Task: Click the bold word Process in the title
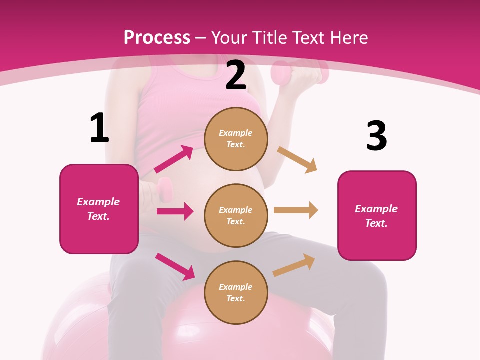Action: [157, 37]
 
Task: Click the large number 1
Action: [99, 128]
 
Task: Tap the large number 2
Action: [236, 75]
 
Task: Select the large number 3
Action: [376, 136]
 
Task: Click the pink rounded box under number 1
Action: [99, 209]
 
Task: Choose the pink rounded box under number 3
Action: [377, 215]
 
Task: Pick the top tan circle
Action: [236, 139]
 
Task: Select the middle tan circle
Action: [236, 215]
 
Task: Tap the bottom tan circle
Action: [236, 292]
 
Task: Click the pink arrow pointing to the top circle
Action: [174, 159]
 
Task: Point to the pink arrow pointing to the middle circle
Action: [175, 211]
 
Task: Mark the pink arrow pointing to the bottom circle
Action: [175, 266]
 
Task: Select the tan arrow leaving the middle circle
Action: [296, 210]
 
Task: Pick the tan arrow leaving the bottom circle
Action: [294, 265]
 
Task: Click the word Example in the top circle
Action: [236, 133]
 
